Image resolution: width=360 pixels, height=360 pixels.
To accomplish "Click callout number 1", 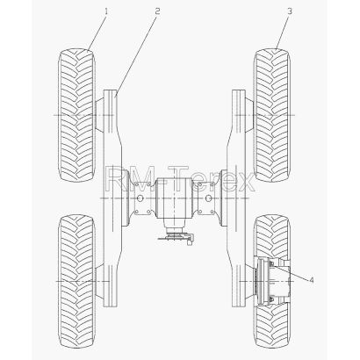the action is (x=106, y=11).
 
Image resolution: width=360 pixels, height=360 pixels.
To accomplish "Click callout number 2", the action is (x=157, y=11).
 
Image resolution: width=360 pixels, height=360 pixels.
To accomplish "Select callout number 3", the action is (x=289, y=11).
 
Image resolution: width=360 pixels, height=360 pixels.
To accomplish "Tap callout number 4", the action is (x=312, y=280).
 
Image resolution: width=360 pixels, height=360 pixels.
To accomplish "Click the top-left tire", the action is (x=76, y=115).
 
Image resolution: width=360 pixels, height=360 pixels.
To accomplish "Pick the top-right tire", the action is (x=272, y=115).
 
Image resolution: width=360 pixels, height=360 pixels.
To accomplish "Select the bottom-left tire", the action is (x=76, y=281).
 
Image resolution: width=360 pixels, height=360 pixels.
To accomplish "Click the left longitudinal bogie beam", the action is (x=112, y=198).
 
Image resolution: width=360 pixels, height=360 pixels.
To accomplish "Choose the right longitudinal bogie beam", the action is (x=236, y=198).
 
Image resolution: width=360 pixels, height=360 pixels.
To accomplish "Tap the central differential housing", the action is (x=174, y=198).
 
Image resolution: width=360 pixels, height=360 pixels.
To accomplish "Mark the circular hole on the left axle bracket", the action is (x=140, y=198).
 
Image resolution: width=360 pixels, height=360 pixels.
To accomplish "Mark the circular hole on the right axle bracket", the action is (x=208, y=198).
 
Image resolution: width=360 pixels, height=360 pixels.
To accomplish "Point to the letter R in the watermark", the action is (x=115, y=179).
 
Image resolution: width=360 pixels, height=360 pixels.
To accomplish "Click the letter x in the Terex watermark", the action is (x=245, y=183).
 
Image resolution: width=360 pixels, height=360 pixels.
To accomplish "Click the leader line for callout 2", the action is (x=136, y=55).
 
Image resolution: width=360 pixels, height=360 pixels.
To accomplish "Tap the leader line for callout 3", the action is (x=282, y=32).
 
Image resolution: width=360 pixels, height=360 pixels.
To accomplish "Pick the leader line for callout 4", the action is (x=291, y=272).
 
